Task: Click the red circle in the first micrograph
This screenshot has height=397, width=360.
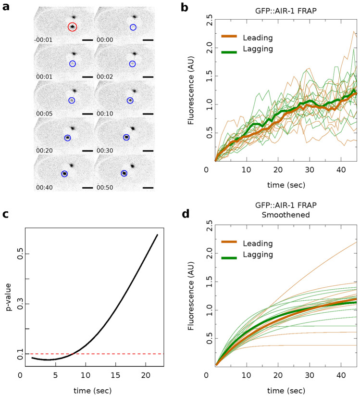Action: tap(72, 27)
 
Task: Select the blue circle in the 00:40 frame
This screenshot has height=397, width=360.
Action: tap(64, 174)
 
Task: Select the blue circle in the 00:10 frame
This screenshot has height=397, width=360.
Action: tap(130, 100)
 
